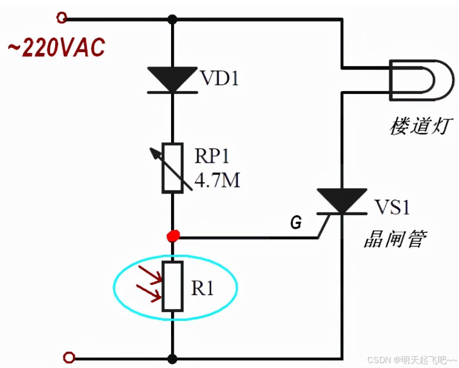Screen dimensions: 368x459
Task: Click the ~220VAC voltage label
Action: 56,48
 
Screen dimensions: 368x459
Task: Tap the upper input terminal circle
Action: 62,18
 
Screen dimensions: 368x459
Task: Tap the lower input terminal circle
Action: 68,357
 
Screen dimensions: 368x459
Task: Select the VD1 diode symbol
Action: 172,80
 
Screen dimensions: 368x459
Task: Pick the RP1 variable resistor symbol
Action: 173,168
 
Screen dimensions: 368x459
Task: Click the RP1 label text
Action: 212,157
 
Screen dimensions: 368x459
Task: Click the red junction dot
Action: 173,235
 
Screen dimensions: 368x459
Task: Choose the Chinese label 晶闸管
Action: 395,239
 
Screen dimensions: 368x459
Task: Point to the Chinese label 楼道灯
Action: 421,128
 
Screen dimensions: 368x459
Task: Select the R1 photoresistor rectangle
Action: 173,286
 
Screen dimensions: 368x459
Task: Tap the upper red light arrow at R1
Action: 150,274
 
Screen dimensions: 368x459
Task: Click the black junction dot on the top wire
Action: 172,19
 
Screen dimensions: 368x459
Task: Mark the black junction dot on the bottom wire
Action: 173,358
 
